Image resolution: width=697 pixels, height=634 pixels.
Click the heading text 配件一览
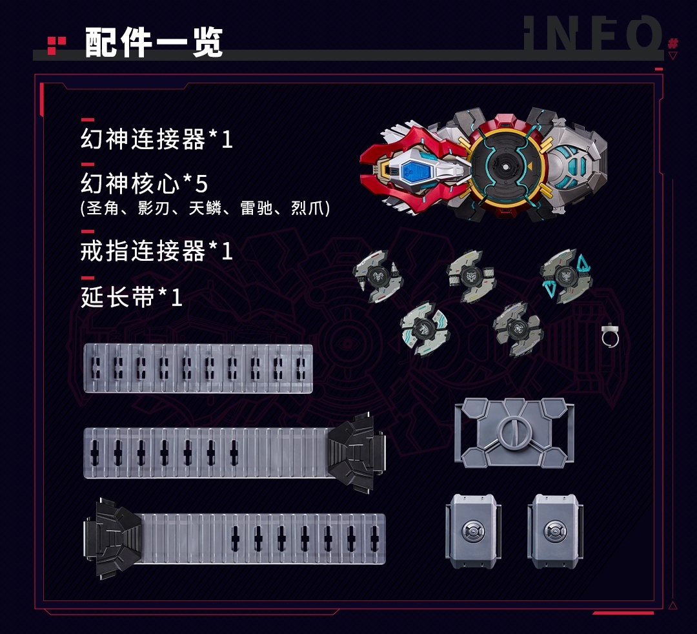[154, 42]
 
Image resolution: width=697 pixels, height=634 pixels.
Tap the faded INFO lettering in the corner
[593, 33]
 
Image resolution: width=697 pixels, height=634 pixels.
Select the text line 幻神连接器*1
[156, 139]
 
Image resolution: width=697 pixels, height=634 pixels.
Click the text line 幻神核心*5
[144, 183]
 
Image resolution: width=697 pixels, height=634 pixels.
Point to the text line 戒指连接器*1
[156, 251]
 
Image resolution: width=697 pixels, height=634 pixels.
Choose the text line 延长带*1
[132, 297]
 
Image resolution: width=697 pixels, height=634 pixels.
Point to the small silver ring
[611, 336]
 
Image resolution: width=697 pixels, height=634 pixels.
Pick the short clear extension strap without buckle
[198, 368]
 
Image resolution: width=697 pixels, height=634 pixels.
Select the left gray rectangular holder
[474, 531]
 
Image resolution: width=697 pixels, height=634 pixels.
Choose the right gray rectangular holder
[555, 531]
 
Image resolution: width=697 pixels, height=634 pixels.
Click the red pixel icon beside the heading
[56, 45]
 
